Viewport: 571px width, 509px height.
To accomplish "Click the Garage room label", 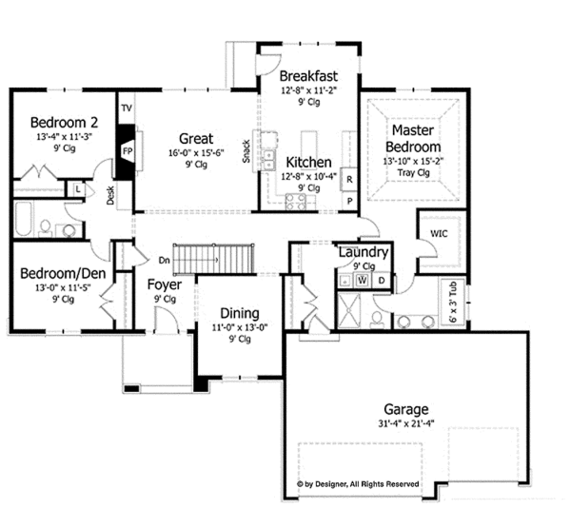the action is coord(406,409).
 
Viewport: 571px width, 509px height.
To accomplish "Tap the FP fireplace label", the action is coord(128,150).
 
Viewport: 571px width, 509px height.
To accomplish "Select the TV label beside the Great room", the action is coord(127,108).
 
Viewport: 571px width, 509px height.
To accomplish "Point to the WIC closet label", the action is coord(439,233).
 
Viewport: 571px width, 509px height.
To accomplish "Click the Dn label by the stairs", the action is coord(165,260).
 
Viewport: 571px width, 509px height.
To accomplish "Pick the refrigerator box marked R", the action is coord(349,179).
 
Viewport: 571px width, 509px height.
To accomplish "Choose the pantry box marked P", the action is coord(349,201).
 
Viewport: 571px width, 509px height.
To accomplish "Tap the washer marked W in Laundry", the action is coord(362,281).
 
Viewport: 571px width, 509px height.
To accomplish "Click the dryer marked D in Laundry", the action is coord(382,281).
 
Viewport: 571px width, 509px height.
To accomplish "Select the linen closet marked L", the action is coord(78,189).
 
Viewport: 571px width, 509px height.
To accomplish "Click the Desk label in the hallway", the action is coord(110,195).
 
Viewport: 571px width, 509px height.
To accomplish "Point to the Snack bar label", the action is coord(246,151).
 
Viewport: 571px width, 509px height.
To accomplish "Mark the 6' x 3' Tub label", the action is coord(453,302).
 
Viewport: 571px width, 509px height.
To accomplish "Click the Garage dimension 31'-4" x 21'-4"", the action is coord(406,423).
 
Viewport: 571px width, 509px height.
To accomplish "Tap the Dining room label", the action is coord(240,313).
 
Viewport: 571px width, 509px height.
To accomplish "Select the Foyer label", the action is coord(165,284).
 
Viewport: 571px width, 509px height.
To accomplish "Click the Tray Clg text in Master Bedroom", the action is coord(413,172).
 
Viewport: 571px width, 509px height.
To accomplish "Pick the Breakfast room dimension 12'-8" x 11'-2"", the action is coord(308,90).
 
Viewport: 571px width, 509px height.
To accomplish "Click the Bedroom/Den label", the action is coord(63,273).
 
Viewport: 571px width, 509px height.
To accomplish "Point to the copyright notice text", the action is coord(358,484).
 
